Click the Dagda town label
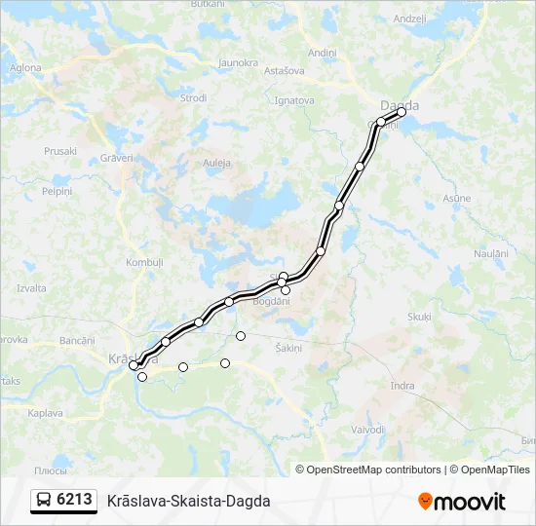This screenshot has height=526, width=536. pyautogui.click(x=401, y=105)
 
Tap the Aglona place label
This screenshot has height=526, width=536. pyautogui.click(x=25, y=68)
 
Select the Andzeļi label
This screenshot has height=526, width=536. pyautogui.click(x=410, y=19)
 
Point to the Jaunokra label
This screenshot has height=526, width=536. pyautogui.click(x=238, y=62)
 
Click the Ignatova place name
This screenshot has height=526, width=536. pyautogui.click(x=294, y=99)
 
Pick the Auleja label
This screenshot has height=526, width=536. pyautogui.click(x=216, y=162)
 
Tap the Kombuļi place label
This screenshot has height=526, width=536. pyautogui.click(x=144, y=263)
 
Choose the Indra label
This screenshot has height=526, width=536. pyautogui.click(x=402, y=386)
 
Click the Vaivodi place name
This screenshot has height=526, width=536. pyautogui.click(x=368, y=429)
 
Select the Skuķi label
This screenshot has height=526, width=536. pyautogui.click(x=419, y=317)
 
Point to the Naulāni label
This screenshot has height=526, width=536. pyautogui.click(x=491, y=253)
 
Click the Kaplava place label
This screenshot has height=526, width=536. pyautogui.click(x=45, y=413)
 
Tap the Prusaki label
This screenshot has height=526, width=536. pyautogui.click(x=60, y=151)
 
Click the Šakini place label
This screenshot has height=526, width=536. pyautogui.click(x=289, y=348)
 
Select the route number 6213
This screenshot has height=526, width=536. pyautogui.click(x=75, y=500)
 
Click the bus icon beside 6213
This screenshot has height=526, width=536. pyautogui.click(x=45, y=501)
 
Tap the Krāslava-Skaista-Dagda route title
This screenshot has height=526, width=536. pyautogui.click(x=189, y=501)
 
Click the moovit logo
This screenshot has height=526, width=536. pyautogui.click(x=462, y=502)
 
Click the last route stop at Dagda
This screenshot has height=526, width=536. pyautogui.click(x=402, y=112)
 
